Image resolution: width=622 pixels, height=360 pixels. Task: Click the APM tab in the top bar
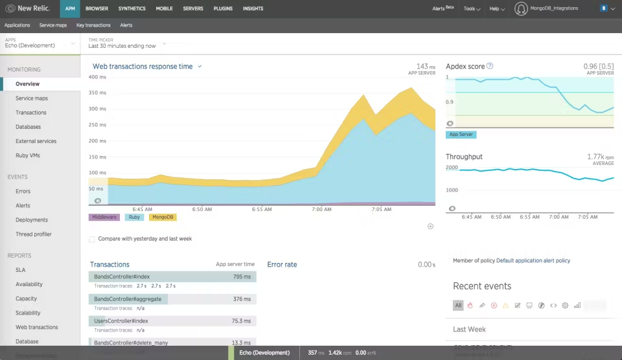[71, 8]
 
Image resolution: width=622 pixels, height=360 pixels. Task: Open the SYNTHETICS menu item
[132, 8]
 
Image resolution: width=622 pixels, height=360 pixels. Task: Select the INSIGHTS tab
[253, 8]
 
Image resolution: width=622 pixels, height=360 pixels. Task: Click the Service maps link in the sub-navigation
[52, 25]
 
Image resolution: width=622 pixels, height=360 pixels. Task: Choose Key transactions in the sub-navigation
[93, 25]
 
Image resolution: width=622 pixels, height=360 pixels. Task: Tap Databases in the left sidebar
[28, 127]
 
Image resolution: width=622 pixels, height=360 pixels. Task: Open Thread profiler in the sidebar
[33, 234]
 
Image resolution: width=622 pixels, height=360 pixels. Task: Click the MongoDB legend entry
[163, 217]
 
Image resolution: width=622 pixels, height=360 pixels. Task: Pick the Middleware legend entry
[104, 217]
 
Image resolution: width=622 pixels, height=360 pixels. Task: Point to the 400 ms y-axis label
[97, 77]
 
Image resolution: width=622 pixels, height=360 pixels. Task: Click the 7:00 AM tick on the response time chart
[321, 209]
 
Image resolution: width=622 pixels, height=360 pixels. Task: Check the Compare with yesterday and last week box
[92, 239]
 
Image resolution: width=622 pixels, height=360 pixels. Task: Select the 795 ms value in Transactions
[242, 277]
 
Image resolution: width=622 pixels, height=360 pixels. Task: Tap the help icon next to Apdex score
[490, 66]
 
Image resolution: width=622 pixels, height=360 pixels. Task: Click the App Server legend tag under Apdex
[461, 135]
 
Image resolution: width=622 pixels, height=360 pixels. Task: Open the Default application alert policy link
[533, 260]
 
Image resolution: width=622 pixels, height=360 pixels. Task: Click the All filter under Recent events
[458, 305]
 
